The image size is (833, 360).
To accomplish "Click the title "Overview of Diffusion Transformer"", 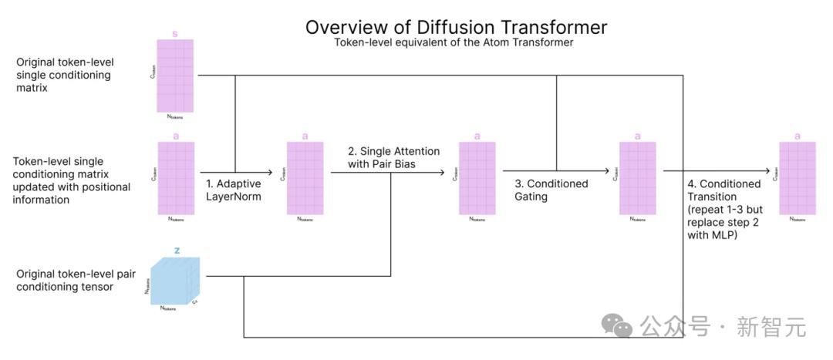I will pyautogui.click(x=456, y=27).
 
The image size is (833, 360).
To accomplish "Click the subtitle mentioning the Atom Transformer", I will pyautogui.click(x=454, y=43).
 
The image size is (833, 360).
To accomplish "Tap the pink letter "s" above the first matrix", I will pyautogui.click(x=174, y=34).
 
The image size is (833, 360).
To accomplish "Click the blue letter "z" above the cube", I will pyautogui.click(x=177, y=250).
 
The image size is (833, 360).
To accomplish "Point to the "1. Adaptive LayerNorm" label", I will pyautogui.click(x=233, y=190).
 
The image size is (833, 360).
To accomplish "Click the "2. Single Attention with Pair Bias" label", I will pyautogui.click(x=393, y=158).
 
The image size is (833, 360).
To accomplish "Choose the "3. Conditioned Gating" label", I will pyautogui.click(x=551, y=190).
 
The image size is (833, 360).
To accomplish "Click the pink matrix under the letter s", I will pyautogui.click(x=175, y=76).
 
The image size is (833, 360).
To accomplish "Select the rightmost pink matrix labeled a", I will pyautogui.click(x=797, y=178).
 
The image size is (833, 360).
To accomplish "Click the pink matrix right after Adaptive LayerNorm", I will pyautogui.click(x=305, y=178).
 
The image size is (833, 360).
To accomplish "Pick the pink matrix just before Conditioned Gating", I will pyautogui.click(x=477, y=178).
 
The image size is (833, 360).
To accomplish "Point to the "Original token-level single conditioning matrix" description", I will pyautogui.click(x=63, y=75).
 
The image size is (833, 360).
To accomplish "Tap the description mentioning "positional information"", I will pyautogui.click(x=72, y=180).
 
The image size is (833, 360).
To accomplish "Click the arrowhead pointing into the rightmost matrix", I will pyautogui.click(x=768, y=171).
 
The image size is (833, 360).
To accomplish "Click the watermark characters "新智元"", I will pyautogui.click(x=771, y=327).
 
